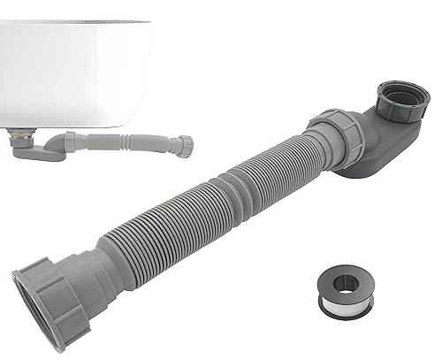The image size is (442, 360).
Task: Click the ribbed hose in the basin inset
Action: [x=133, y=142]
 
